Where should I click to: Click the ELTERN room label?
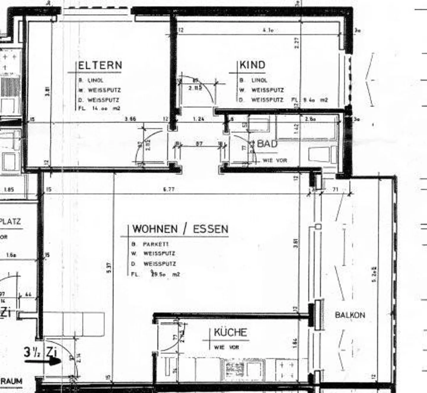tap(100, 65)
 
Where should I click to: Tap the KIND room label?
tap(252, 65)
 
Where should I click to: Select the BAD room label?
tap(267, 144)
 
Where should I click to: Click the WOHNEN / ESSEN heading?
tap(180, 229)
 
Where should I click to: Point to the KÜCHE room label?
tap(230, 332)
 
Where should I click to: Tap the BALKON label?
tap(350, 315)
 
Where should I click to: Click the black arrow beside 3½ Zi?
tap(43, 362)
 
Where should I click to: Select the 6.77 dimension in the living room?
tap(169, 189)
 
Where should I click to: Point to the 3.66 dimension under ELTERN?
tap(130, 119)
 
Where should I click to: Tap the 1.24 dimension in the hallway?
tap(198, 119)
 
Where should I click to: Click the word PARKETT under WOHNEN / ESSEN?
tap(156, 244)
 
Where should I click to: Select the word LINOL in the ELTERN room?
tap(95, 81)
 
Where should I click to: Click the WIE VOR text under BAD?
tap(275, 160)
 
